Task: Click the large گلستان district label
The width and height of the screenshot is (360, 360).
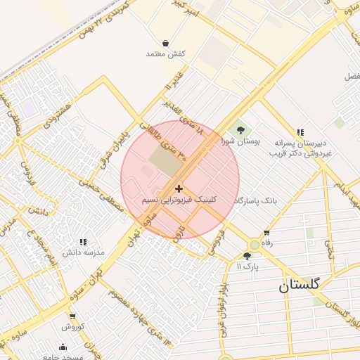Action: coord(299,284)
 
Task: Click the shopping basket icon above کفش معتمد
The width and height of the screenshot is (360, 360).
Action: coord(165,43)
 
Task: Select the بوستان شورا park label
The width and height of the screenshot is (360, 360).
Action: coord(241,141)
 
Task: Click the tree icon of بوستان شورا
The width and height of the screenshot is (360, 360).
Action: coord(241,129)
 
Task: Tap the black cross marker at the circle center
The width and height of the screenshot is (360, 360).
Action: coord(179,188)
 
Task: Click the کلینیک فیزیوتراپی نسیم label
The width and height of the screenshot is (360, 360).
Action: coord(179,200)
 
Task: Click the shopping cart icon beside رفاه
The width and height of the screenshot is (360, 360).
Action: coord(266,233)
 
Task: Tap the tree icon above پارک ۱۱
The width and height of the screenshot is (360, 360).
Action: coord(247,256)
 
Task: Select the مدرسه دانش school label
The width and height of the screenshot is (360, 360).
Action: coord(84,252)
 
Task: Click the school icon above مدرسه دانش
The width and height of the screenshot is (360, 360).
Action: coord(84,241)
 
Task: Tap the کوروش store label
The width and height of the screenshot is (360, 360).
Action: coord(72,327)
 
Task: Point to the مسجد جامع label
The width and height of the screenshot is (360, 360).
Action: coord(66,356)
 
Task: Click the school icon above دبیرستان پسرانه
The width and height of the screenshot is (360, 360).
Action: coord(301,131)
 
